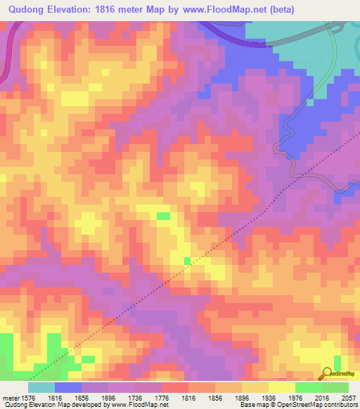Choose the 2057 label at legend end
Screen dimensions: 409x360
pyautogui.click(x=349, y=397)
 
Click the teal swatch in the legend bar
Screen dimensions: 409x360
pyautogui.click(x=41, y=387)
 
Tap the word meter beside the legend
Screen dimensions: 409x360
pyautogui.click(x=11, y=397)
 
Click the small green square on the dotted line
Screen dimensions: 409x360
pyautogui.click(x=187, y=261)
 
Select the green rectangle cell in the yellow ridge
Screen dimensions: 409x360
pyautogui.click(x=163, y=216)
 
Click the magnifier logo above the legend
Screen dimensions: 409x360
pyautogui.click(x=328, y=373)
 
